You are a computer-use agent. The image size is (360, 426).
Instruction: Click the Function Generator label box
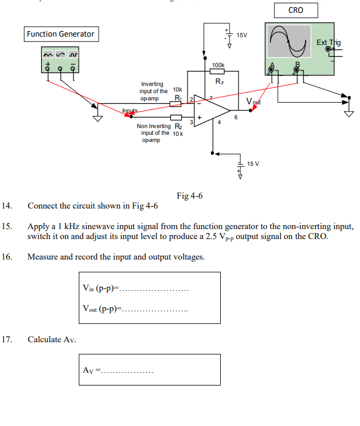[x=60, y=34]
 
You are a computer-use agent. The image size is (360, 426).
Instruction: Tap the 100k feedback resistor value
[x=219, y=65]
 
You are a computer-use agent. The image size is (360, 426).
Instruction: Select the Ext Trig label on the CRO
[x=328, y=43]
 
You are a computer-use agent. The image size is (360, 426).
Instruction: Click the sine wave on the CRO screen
[x=288, y=43]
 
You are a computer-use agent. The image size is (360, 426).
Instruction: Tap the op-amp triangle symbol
[x=210, y=110]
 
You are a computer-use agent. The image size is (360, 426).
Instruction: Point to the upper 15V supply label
[x=242, y=35]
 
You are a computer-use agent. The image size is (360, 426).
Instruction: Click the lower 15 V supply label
[x=253, y=164]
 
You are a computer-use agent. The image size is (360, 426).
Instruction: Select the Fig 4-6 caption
[x=189, y=196]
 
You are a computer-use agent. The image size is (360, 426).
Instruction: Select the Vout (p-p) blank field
[x=155, y=310]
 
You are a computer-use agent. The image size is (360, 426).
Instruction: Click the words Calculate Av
[x=52, y=339]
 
